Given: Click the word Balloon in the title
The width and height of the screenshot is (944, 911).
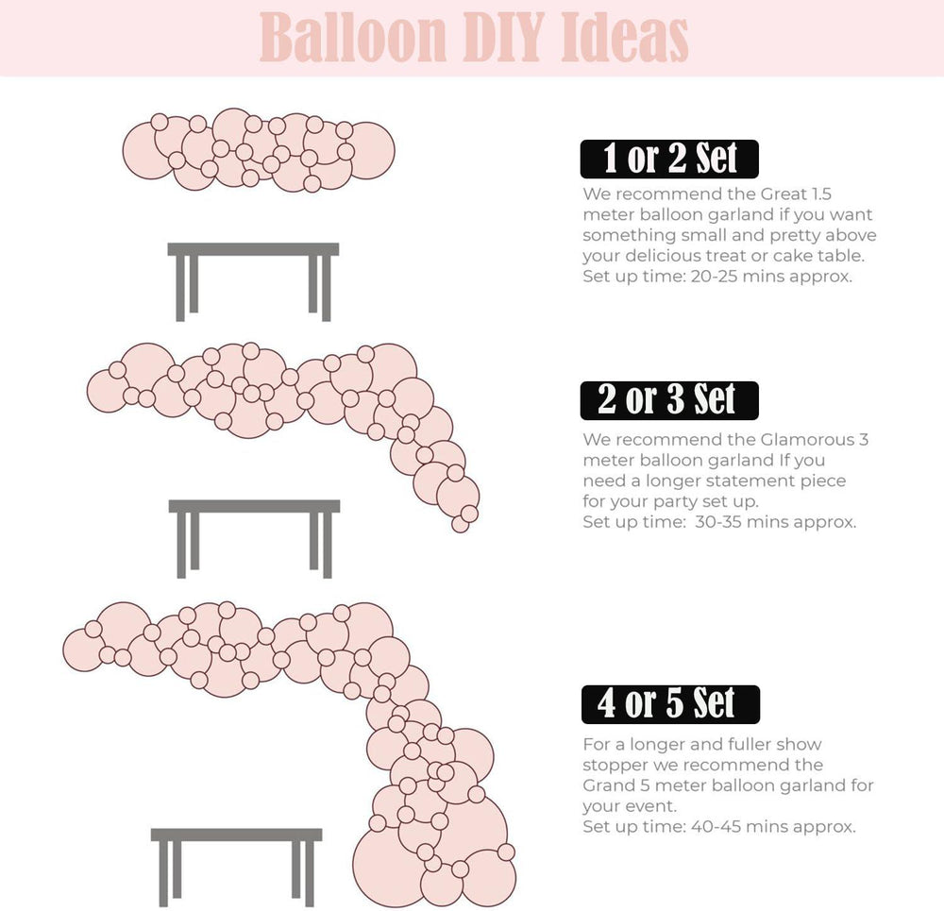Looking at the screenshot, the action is (353, 38).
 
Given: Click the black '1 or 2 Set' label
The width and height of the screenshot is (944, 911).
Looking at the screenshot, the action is (669, 159).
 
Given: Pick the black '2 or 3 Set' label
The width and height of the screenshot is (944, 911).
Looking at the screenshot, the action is (669, 400).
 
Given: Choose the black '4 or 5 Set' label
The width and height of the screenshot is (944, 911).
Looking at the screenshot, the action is (670, 704).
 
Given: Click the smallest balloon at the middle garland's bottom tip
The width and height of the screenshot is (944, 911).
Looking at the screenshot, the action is (460, 524).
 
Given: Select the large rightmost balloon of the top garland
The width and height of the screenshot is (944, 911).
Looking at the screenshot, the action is (368, 150).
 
